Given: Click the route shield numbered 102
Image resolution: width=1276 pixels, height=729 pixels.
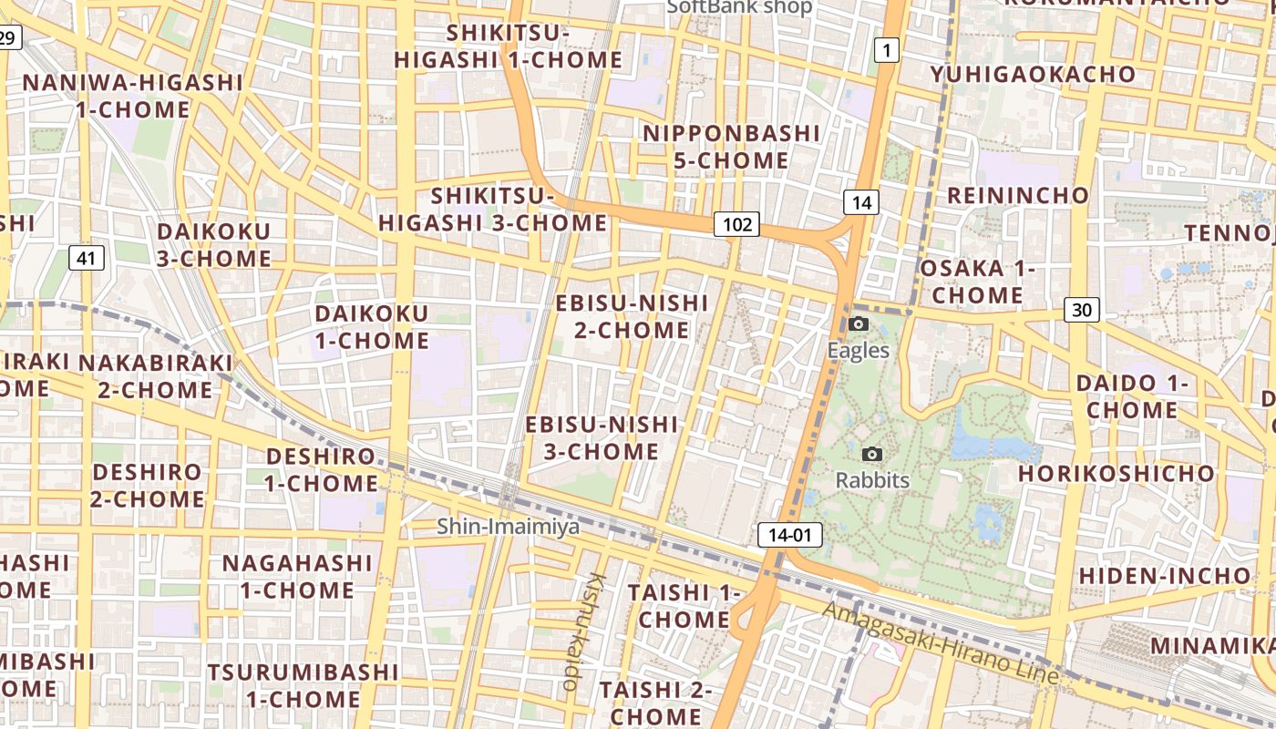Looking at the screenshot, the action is point(736,224).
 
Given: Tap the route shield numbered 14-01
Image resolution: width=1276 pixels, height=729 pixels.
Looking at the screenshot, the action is point(789,535).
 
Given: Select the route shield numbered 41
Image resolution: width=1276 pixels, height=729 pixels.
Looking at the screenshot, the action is point(86,258).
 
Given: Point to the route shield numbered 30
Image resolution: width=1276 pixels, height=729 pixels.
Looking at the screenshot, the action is point(1081,310).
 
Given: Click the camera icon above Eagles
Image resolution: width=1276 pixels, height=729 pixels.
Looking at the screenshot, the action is point(858,323).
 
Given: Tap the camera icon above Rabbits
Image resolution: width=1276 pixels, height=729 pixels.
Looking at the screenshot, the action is point(872,454).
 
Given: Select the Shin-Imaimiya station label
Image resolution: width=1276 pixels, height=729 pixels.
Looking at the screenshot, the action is point(508,526).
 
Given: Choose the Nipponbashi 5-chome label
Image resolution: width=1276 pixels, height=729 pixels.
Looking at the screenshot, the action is point(731,147).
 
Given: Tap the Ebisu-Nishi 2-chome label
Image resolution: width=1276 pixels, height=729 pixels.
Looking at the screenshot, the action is point(632,315).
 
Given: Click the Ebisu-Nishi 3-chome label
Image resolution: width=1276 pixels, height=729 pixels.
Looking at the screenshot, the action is point(602,437).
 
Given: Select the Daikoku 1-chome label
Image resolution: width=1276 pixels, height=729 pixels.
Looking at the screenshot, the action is point(371,327).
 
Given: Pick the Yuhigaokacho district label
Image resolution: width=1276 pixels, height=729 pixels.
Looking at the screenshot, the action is point(1033,75).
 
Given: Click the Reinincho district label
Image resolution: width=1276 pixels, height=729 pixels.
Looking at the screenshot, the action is point(1017,195).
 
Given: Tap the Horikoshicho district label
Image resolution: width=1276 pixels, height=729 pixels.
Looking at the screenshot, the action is point(1116,474).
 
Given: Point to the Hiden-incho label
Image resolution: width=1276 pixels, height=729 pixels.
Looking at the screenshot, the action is point(1165,576).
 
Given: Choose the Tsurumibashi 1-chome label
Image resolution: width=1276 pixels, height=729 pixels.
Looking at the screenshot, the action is point(303,685).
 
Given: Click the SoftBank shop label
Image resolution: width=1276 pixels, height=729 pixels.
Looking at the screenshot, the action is point(739,7).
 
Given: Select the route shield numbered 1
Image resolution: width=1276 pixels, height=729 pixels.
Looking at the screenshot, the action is point(886,50).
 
